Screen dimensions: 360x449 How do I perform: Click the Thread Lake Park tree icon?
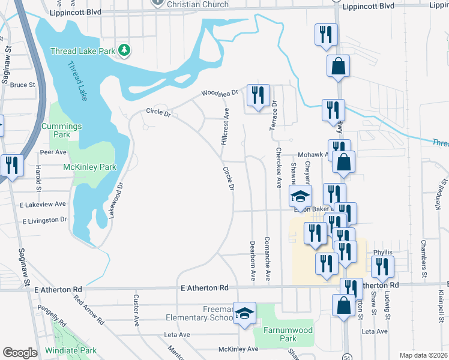(x=124, y=50)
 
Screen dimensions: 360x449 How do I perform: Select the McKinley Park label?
(x=89, y=167)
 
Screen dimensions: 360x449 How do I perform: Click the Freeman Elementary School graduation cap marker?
(x=244, y=313)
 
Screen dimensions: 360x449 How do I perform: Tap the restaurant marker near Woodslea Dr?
(x=258, y=95)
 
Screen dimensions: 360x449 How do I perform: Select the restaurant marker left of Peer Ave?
(x=12, y=165)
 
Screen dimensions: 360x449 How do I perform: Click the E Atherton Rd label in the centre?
(x=205, y=289)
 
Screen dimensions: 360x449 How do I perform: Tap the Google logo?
(x=20, y=353)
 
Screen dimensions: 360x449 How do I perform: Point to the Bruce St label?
(x=23, y=85)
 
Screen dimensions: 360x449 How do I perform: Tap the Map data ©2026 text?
(x=423, y=355)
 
